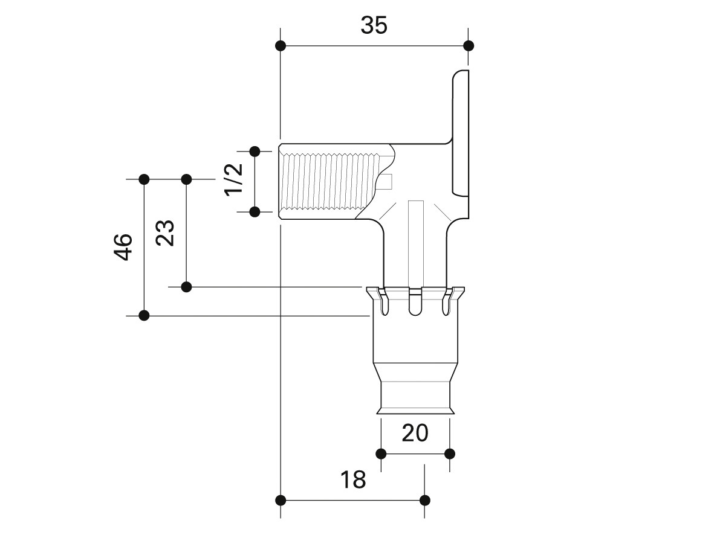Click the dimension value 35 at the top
(374, 25)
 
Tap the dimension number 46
(123, 247)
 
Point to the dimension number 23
(165, 233)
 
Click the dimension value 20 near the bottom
(415, 433)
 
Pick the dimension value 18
(353, 479)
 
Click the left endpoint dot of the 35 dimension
(281, 45)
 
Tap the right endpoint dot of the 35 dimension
(468, 45)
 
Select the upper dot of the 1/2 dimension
(255, 151)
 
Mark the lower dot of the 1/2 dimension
(255, 211)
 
